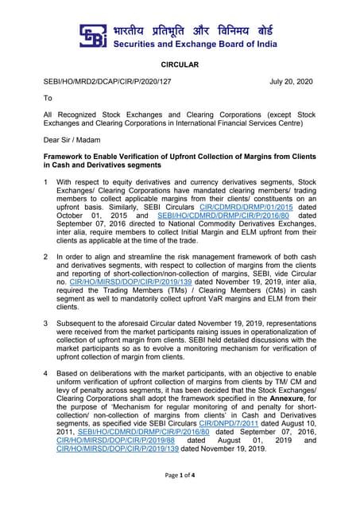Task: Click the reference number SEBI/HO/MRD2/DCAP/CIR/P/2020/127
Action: tap(106, 81)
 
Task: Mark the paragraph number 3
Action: tap(46, 324)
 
